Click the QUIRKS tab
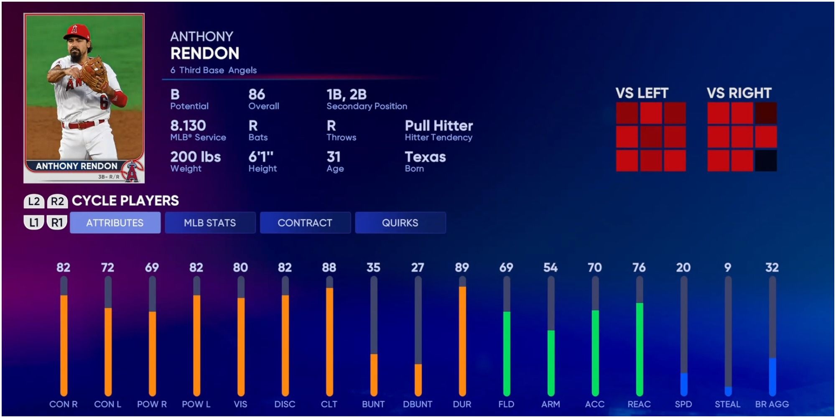click(400, 223)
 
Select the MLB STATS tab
click(210, 223)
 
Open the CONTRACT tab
click(305, 223)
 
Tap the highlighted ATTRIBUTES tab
click(115, 223)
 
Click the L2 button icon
click(34, 201)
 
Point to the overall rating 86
click(257, 94)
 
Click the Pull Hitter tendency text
click(438, 126)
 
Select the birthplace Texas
click(425, 157)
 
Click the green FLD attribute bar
click(507, 353)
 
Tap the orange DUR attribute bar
click(462, 341)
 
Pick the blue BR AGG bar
click(772, 376)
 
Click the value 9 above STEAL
click(728, 268)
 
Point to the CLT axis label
click(329, 404)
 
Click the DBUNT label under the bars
click(418, 404)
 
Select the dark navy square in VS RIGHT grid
click(766, 161)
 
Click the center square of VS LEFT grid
click(651, 137)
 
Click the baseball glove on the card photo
click(95, 74)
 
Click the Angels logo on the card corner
click(132, 172)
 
